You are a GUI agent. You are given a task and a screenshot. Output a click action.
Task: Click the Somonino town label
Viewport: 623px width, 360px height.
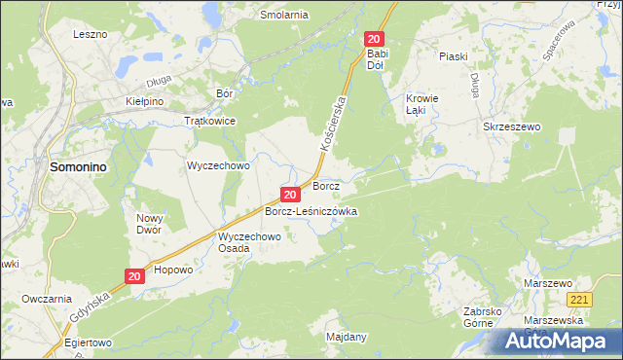pos(78,167)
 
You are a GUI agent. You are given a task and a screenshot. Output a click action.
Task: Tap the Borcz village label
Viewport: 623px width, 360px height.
pos(326,185)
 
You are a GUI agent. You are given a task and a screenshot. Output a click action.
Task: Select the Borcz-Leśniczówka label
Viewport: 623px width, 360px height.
pos(311,210)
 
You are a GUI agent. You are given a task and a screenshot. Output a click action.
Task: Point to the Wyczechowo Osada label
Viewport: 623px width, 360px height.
pos(249,242)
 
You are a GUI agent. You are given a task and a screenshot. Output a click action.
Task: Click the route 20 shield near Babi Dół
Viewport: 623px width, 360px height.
pos(376,40)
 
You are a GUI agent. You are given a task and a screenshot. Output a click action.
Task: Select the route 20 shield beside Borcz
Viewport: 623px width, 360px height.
pos(290,196)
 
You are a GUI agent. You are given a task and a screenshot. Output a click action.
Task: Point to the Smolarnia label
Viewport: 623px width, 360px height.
pos(284,15)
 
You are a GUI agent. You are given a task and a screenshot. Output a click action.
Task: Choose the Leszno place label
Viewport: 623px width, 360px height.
pos(90,34)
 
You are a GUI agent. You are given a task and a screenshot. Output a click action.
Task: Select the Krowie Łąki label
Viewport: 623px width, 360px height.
pos(423,104)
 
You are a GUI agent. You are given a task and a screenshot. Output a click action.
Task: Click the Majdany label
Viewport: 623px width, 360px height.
pos(348,338)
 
